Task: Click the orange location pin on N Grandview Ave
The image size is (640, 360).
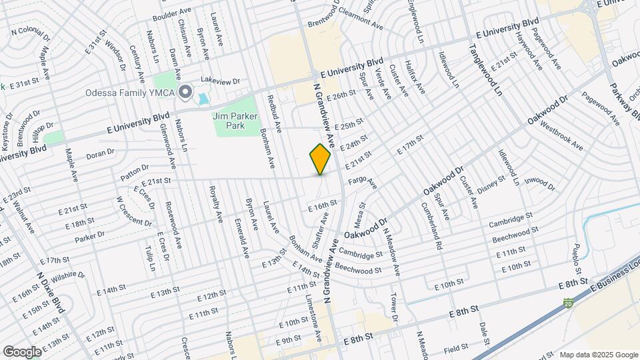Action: tap(321, 159)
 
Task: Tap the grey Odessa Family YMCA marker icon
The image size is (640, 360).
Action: tap(184, 92)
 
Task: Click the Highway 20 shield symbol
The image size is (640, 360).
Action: tap(568, 303)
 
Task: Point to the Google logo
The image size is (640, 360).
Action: tap(22, 351)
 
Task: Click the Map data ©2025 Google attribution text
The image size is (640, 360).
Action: tap(598, 355)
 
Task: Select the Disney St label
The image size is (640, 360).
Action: tap(493, 187)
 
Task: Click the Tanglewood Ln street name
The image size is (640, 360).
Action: tap(484, 71)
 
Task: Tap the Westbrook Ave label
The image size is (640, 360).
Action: tap(561, 136)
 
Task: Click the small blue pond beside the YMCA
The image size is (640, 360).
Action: tap(203, 99)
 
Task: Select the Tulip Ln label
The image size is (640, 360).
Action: tap(151, 258)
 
